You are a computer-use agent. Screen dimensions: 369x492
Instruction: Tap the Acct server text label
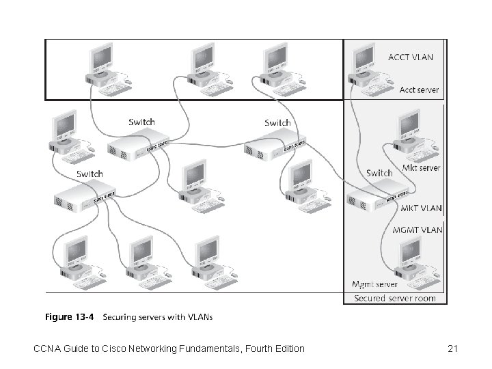[419, 90]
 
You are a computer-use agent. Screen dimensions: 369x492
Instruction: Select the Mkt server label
[421, 167]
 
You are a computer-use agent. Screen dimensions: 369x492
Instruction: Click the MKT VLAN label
[420, 208]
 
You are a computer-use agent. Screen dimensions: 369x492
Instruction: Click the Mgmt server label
[374, 284]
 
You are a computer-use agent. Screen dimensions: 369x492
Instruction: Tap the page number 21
[452, 349]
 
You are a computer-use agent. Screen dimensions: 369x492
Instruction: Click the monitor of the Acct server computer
[362, 60]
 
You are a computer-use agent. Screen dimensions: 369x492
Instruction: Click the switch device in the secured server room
[376, 199]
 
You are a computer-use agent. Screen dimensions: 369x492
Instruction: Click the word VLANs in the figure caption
[198, 316]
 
